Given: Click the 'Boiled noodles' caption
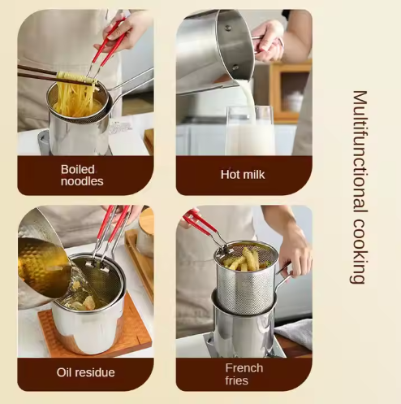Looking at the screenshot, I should tap(82, 175).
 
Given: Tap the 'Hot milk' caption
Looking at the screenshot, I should tap(242, 175).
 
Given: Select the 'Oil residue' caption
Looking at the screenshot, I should tap(85, 372).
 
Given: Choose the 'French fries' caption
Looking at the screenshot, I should tap(244, 373).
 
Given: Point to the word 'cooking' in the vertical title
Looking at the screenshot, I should tap(359, 251).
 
